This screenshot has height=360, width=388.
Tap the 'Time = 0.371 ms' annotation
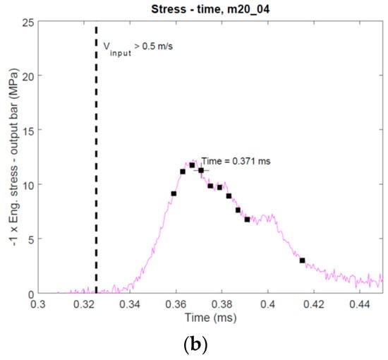235,161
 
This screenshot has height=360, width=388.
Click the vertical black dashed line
96,141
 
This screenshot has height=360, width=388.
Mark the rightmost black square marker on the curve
302,260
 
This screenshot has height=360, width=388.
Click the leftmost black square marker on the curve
174,193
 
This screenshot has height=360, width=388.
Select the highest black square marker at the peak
192,165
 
